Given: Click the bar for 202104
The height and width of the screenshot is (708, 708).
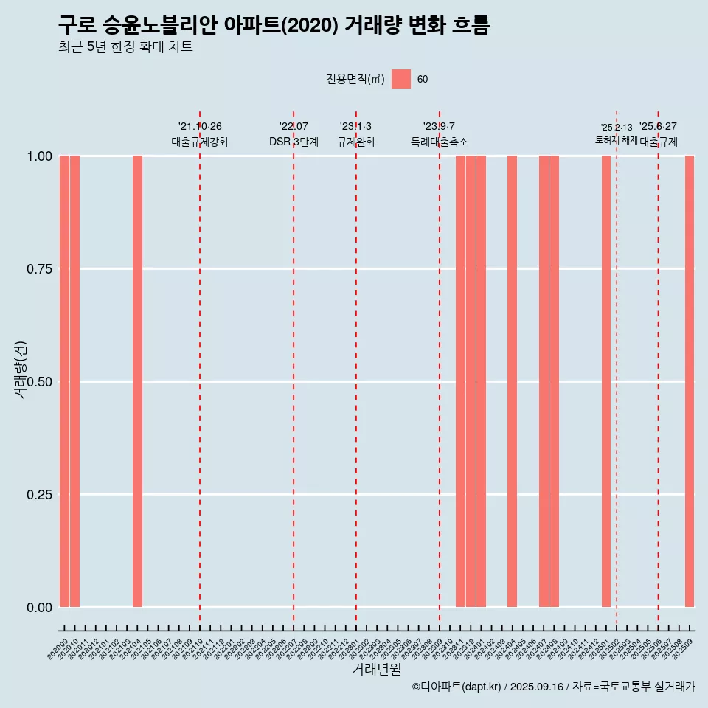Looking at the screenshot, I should point(137,381).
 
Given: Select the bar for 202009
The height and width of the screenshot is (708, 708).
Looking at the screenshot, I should point(64,381).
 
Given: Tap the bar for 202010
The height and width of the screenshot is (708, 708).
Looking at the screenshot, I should point(74,381).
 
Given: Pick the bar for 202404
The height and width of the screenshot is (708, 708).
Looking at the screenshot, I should point(512,381).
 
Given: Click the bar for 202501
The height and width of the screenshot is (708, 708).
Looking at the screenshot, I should point(606,381).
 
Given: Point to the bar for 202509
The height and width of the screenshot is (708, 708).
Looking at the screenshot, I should point(690,381).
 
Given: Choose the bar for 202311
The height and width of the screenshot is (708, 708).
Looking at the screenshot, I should point(460,381).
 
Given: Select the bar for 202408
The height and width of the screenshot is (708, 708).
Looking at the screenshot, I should point(554,381).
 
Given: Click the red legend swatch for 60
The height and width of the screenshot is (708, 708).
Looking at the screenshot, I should point(401,79).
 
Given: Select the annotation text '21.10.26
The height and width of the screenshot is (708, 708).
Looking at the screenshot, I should point(200,127).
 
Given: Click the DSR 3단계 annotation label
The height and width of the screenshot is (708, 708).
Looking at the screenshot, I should point(294,142).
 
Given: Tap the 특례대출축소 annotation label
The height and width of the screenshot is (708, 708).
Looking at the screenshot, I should point(440,142).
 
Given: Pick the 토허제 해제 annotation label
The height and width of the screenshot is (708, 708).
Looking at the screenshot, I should point(616,140).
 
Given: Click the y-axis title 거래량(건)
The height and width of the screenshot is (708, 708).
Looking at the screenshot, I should point(20,369).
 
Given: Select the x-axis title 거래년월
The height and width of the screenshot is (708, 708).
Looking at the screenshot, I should point(376,670).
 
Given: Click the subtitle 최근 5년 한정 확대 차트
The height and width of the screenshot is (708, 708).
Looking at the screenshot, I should point(125,47).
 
